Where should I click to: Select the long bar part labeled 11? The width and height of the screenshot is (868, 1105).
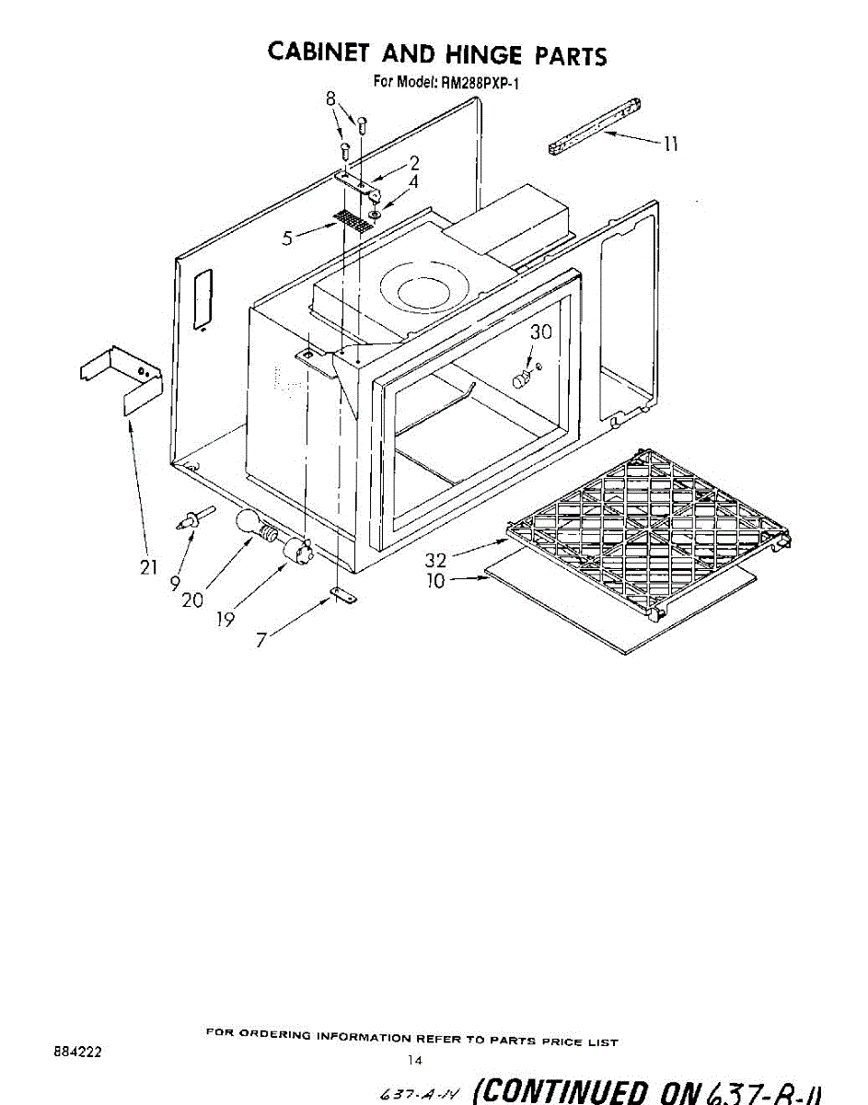coord(594,124)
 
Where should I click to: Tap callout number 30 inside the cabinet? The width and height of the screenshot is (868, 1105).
coord(540,332)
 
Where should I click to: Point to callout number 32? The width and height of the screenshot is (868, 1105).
coord(436,560)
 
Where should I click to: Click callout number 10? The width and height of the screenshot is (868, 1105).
coord(435,581)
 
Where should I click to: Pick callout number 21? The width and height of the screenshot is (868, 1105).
coord(148,567)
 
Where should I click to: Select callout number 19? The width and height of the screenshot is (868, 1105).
coord(225,620)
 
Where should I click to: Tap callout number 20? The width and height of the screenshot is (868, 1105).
coord(192,599)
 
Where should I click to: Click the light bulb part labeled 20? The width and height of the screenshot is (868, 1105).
coord(252,524)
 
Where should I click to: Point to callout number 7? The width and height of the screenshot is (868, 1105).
coord(261,640)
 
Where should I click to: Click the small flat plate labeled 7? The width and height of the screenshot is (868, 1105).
coord(344,596)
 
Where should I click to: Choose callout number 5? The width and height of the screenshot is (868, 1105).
coord(288,238)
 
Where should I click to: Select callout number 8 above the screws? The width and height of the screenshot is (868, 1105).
coord(332,99)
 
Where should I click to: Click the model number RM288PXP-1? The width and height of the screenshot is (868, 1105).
coord(479,82)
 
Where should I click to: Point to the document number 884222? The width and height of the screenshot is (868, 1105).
coord(78,1049)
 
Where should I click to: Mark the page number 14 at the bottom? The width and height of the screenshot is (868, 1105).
coord(415,1061)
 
